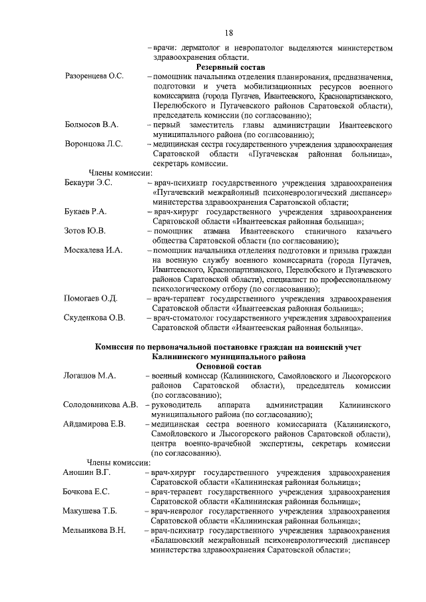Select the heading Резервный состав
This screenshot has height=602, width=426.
tap(230, 68)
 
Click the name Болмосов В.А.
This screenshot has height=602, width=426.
tap(91, 125)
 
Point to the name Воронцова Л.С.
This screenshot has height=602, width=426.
tap(93, 144)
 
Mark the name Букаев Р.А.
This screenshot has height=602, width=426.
tap(85, 212)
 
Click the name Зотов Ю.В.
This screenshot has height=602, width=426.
tap(83, 231)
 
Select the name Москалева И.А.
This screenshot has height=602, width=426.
tap(93, 250)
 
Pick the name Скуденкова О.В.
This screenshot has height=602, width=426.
tap(94, 318)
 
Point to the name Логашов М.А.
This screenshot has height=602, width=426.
tap(89, 376)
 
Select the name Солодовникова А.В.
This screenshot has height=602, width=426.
tap(101, 405)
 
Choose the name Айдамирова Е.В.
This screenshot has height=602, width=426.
tap(94, 424)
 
